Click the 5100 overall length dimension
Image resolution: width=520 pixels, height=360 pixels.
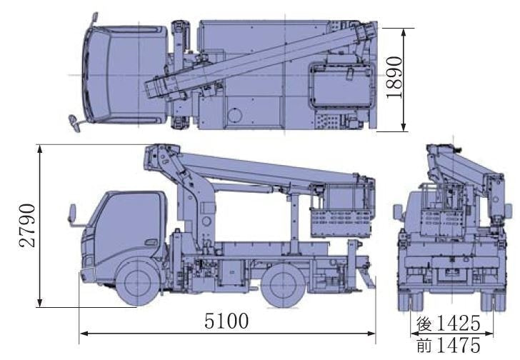point(226,321)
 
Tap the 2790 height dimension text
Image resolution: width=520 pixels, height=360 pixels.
point(27,226)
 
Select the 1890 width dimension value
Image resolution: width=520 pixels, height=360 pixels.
point(394,78)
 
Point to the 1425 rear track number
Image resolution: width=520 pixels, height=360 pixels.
point(459,324)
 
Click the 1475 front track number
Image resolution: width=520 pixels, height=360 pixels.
point(459,345)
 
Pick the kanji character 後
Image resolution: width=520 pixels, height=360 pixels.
point(425,324)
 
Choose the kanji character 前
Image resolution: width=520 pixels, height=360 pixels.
point(425,345)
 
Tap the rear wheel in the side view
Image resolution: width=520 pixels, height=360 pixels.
point(283,284)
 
